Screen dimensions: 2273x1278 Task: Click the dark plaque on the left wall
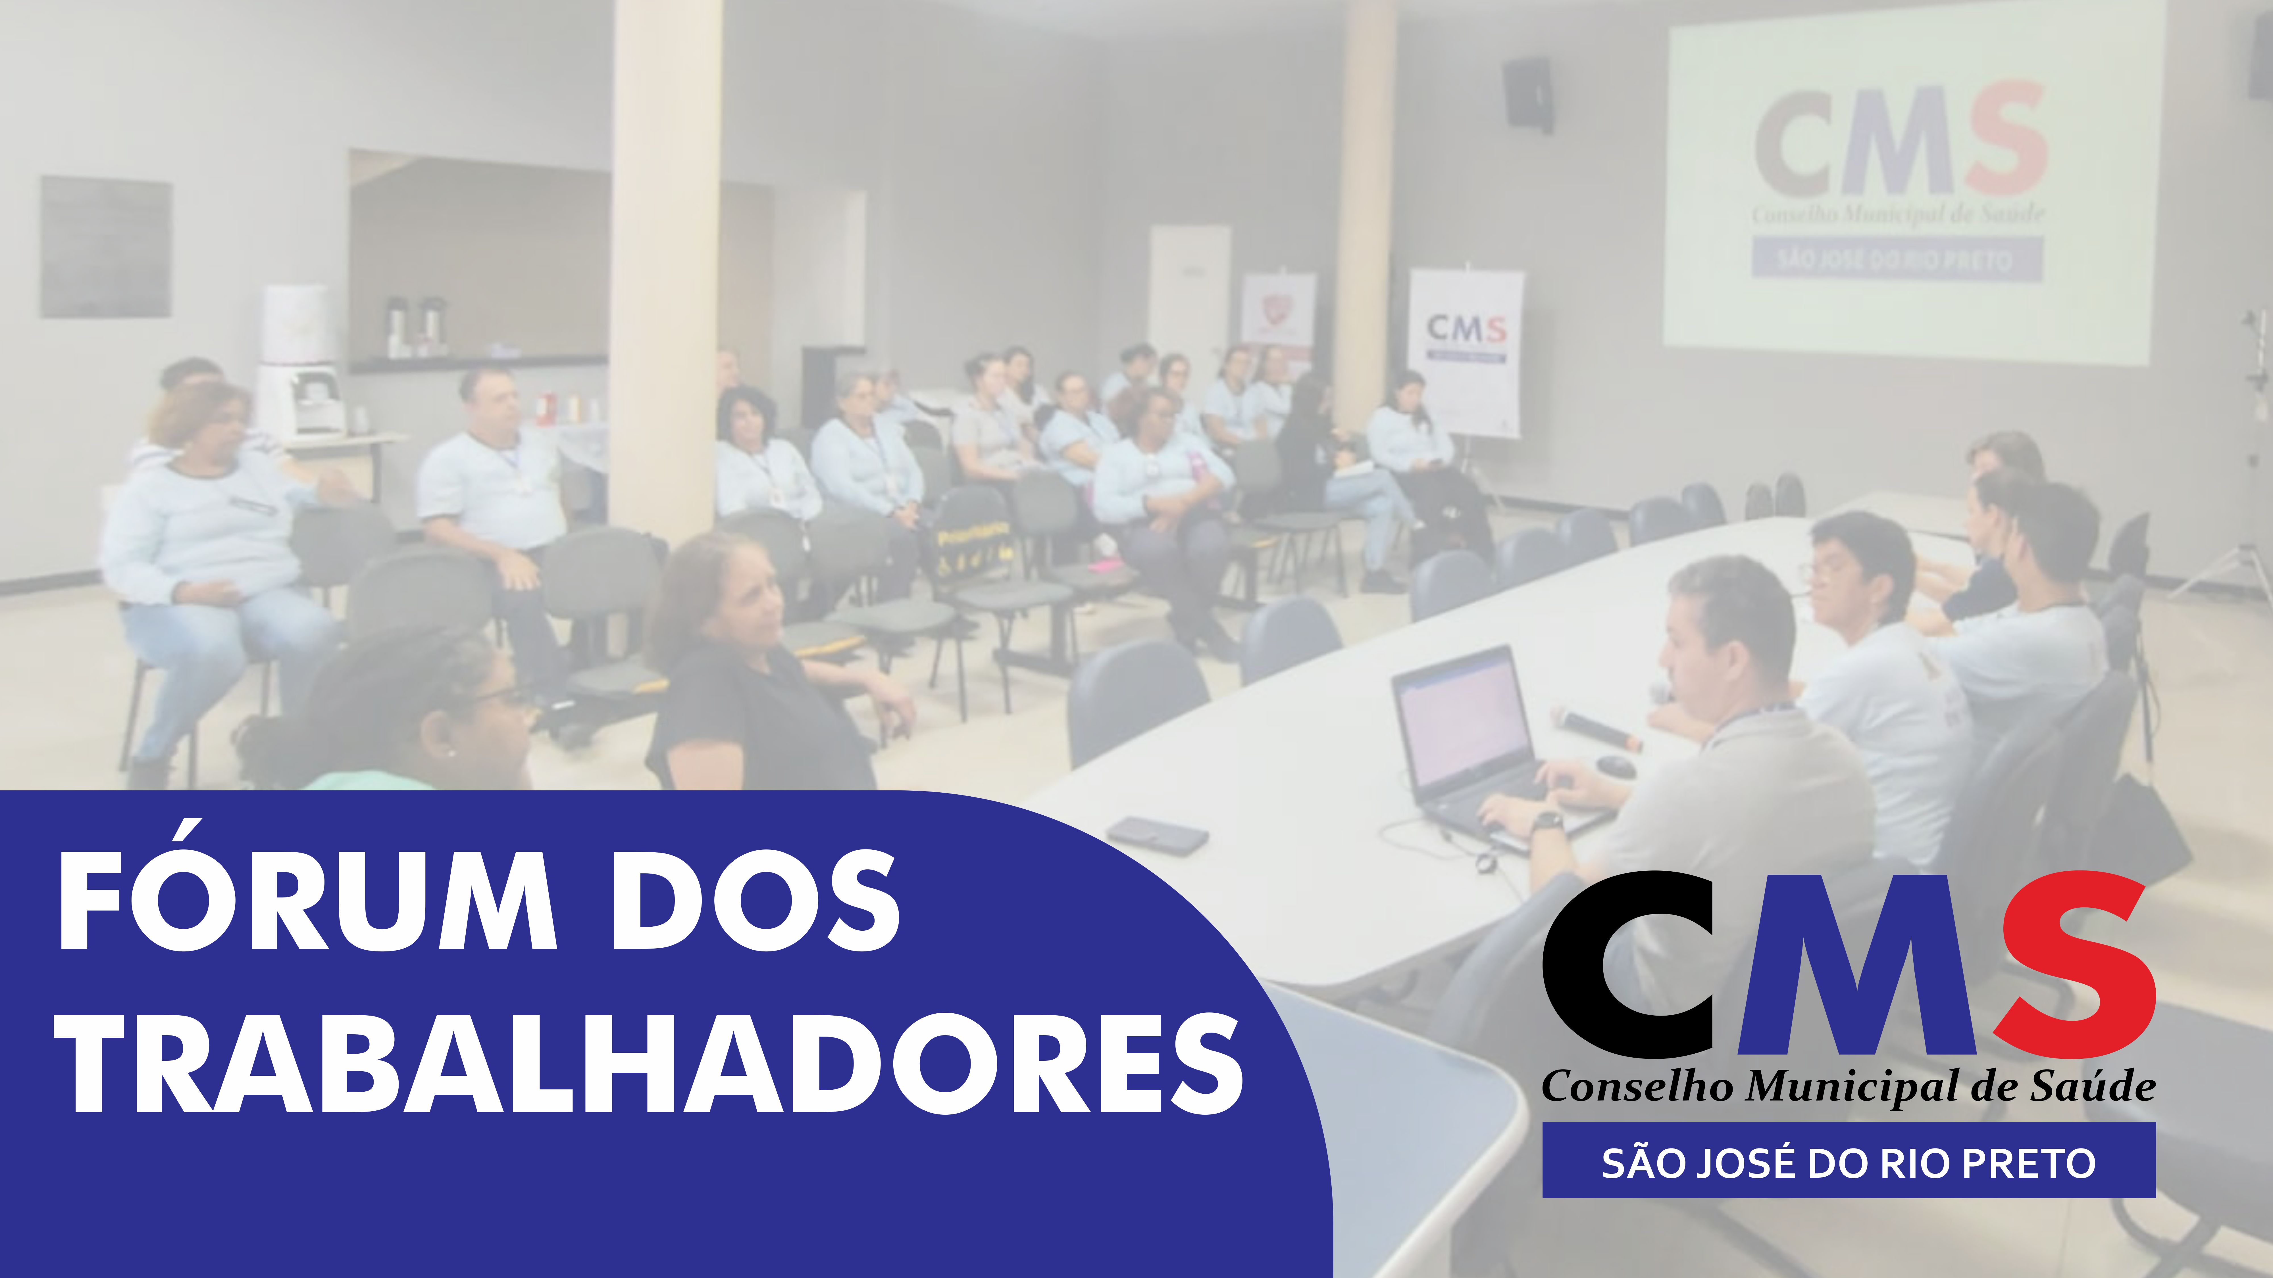pyautogui.click(x=106, y=247)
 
